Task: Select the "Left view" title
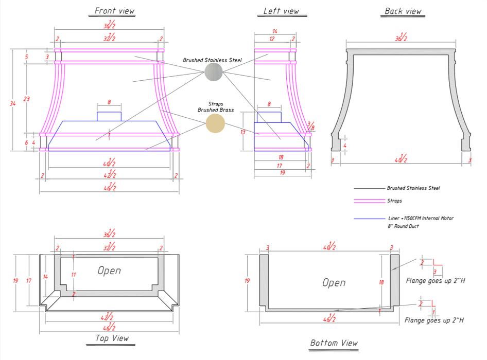(281, 11)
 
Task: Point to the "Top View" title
(112, 338)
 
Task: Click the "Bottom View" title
(334, 343)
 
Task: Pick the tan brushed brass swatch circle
(215, 123)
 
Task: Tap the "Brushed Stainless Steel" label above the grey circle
(212, 60)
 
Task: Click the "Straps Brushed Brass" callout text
(216, 107)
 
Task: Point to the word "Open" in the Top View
(109, 270)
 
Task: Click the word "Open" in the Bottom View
(334, 282)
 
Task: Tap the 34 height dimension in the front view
(13, 104)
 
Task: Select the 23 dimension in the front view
(27, 99)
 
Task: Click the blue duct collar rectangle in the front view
(109, 116)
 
